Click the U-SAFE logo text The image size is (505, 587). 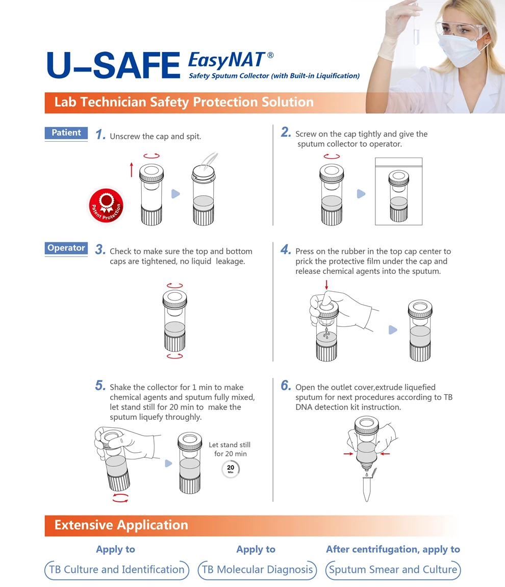[113, 66]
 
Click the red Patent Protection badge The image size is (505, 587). [106, 206]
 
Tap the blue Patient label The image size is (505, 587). [66, 133]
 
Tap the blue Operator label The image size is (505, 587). [66, 248]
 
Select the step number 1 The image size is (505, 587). [100, 135]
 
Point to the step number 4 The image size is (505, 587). [286, 250]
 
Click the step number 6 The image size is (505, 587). [286, 386]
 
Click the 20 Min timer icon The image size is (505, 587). [231, 469]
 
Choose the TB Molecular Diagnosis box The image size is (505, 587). [257, 570]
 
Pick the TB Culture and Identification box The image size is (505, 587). [117, 570]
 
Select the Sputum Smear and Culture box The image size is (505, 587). [393, 570]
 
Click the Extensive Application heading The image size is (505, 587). [121, 525]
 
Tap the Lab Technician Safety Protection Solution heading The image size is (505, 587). [184, 103]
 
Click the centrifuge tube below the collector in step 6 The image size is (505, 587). [367, 488]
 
